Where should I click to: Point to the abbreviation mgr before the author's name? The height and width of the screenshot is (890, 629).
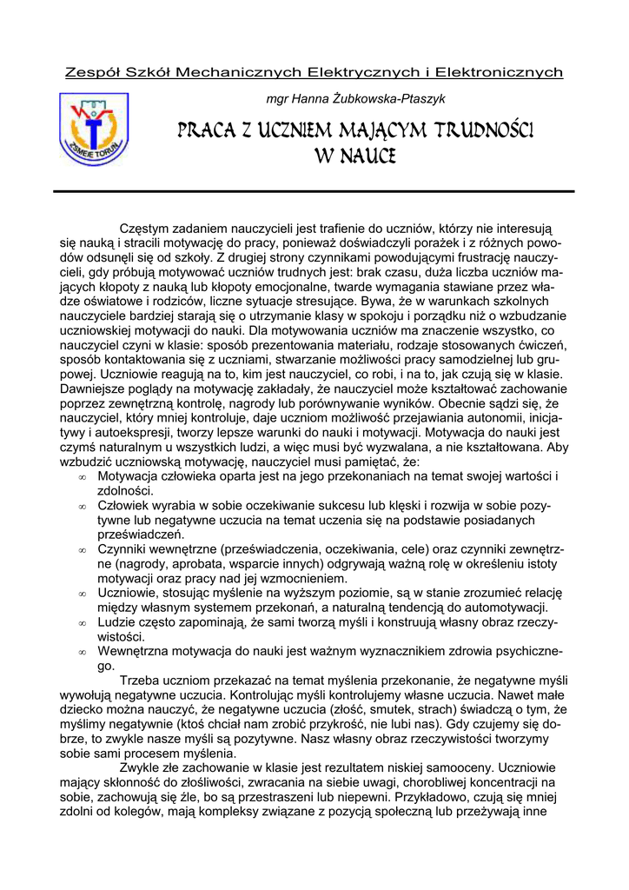[x=277, y=100]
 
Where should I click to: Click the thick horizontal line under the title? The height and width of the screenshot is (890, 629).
[x=314, y=190]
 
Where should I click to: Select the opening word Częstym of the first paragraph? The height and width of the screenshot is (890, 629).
[x=143, y=228]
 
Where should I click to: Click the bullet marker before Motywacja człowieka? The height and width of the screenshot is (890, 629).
[x=82, y=478]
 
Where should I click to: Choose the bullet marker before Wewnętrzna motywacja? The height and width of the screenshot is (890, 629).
[x=82, y=653]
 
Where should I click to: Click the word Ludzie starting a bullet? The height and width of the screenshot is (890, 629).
[x=118, y=622]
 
